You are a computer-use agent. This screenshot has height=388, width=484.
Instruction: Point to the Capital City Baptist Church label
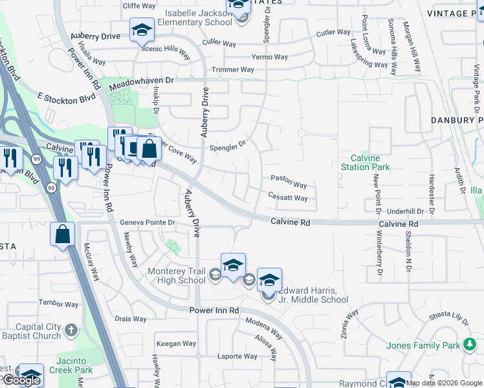[30, 331]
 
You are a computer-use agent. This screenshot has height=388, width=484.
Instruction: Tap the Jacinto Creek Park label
[65, 366]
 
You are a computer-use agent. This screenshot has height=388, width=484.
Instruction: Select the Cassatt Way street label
[287, 198]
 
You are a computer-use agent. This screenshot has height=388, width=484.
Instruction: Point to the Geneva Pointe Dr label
[148, 222]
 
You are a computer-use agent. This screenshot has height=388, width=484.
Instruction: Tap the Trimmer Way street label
[233, 69]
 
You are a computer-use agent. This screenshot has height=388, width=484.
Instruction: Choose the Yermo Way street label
[270, 57]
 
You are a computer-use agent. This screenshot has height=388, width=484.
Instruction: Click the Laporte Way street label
[237, 356]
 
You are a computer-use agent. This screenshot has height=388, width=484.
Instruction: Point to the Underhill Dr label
[405, 211]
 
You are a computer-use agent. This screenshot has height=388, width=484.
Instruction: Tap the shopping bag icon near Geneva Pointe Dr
[63, 233]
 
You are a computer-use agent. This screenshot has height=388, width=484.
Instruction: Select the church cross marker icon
[71, 331]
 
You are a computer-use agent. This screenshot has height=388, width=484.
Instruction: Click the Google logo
[21, 380]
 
